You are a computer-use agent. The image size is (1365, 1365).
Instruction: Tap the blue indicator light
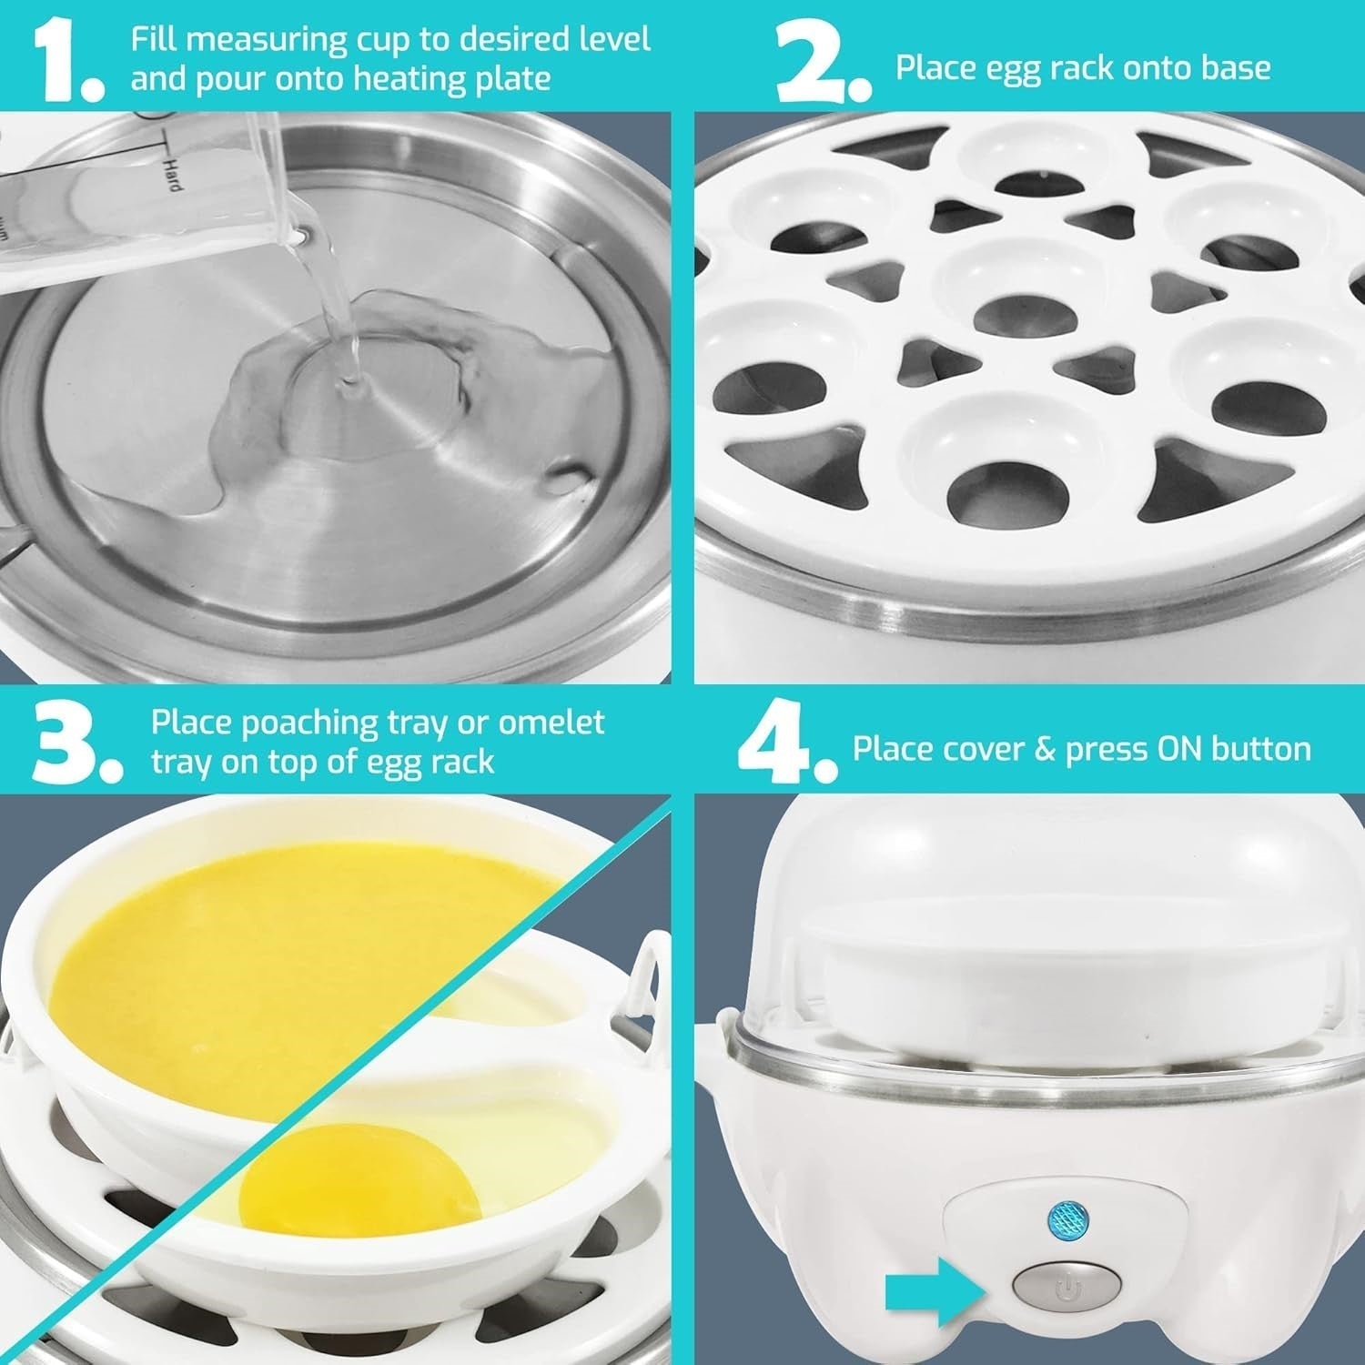(1065, 1217)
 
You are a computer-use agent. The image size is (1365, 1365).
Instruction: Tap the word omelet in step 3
(551, 723)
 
